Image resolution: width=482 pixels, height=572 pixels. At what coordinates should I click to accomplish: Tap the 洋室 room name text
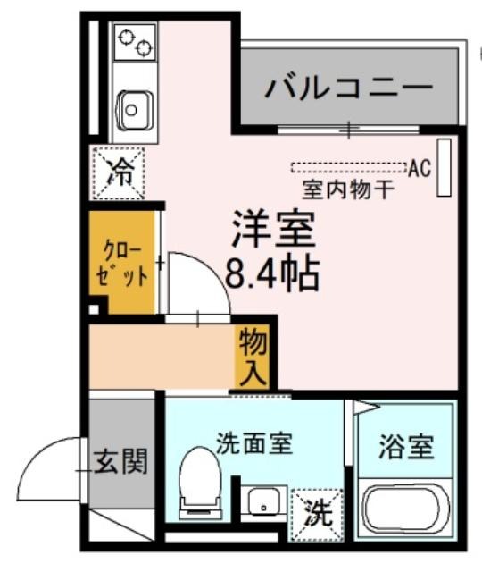[x=274, y=229]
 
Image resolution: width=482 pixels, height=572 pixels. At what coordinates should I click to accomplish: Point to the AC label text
[x=420, y=168]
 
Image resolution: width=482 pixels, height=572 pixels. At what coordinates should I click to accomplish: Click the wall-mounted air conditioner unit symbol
[x=445, y=167]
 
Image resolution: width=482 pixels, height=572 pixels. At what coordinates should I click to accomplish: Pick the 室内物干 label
[x=349, y=190]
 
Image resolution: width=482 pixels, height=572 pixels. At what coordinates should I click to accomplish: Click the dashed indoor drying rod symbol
[x=349, y=167]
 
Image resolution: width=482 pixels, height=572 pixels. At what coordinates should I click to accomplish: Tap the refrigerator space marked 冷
[x=119, y=172]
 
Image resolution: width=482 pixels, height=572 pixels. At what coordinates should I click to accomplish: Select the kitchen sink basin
[x=132, y=109]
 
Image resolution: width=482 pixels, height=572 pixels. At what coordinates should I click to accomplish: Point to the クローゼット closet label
[x=122, y=263]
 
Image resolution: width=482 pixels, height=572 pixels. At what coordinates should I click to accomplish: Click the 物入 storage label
[x=253, y=356]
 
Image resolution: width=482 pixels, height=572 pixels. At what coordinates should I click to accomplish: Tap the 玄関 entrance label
[x=120, y=461]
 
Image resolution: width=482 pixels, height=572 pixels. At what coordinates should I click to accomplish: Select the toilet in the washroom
[x=200, y=483]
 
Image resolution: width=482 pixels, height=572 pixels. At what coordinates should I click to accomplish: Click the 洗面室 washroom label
[x=254, y=443]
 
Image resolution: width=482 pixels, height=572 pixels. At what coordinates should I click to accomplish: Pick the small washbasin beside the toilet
[x=264, y=500]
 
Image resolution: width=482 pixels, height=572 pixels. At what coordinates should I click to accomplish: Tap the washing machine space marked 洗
[x=318, y=515]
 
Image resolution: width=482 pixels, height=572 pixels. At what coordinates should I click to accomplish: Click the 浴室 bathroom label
[x=407, y=447]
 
